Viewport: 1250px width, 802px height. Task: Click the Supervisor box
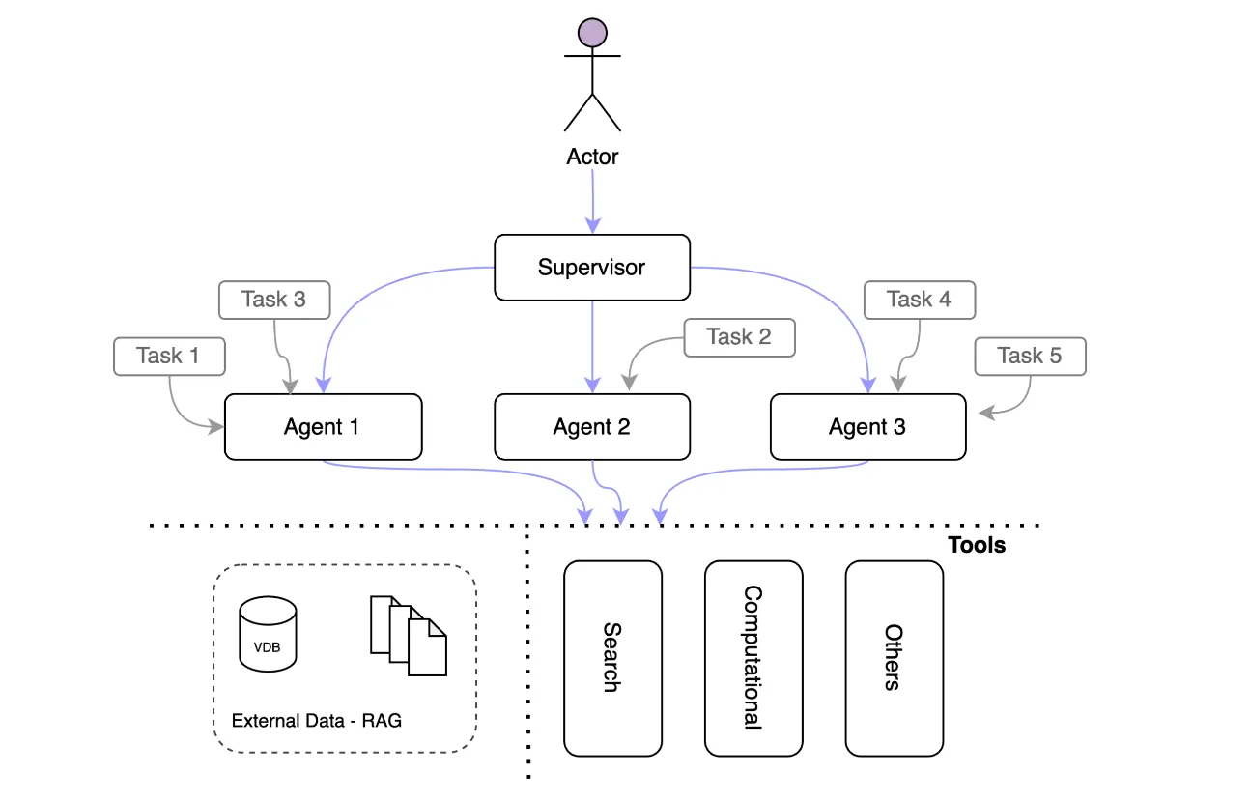tap(592, 268)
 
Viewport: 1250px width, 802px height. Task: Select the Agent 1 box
tap(323, 427)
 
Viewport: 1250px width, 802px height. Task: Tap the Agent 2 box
tap(592, 427)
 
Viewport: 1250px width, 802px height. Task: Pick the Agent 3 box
tap(867, 427)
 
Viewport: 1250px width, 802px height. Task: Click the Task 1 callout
tap(169, 357)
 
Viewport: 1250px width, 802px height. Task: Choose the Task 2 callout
tap(739, 337)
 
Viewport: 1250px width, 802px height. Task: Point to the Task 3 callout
tap(274, 300)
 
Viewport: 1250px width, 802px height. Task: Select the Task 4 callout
tap(920, 300)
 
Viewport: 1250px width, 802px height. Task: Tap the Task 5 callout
tap(1030, 357)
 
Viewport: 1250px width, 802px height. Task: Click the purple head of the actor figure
tap(592, 33)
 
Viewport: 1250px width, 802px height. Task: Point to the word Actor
tap(592, 157)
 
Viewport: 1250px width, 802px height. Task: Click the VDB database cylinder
tap(268, 634)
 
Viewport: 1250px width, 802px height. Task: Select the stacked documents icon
tap(409, 636)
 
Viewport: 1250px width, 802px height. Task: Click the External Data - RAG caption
tap(317, 721)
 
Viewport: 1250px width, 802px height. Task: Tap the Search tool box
tap(612, 659)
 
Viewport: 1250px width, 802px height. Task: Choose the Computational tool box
tap(753, 659)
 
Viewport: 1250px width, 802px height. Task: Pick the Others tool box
tap(894, 659)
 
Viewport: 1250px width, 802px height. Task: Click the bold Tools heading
tap(977, 545)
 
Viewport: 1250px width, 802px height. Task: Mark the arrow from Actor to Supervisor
tap(592, 201)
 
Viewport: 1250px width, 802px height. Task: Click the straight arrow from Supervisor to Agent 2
tap(592, 347)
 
